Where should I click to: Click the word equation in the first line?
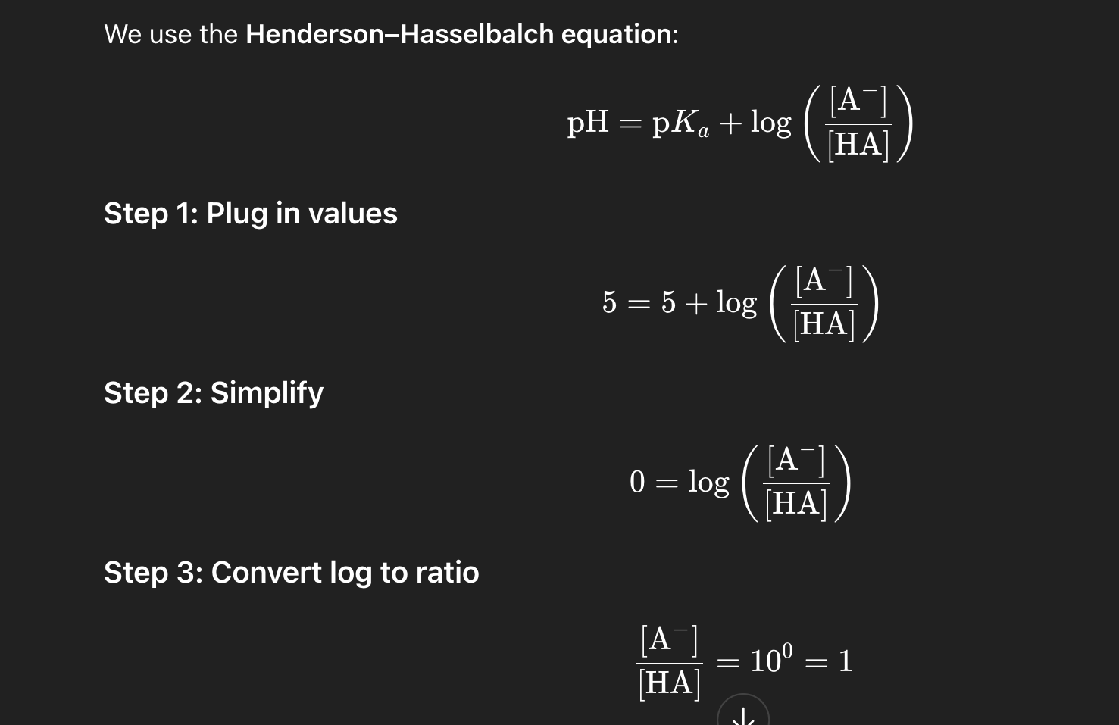[x=616, y=34]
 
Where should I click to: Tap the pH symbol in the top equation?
[x=588, y=122]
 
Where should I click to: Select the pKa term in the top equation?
[x=680, y=123]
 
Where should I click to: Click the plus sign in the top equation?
[x=730, y=123]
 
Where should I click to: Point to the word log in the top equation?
[x=770, y=122]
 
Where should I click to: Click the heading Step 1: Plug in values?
[x=250, y=214]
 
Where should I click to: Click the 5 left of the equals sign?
[x=609, y=302]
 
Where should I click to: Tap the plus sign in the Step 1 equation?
[x=695, y=303]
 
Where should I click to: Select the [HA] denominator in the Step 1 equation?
[x=824, y=324]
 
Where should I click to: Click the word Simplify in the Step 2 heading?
[x=267, y=392]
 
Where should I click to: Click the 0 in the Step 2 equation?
[x=637, y=482]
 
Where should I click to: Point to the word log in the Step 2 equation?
[x=708, y=482]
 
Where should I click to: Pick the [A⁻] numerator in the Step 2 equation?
[x=795, y=460]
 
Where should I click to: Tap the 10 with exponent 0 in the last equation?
[x=770, y=660]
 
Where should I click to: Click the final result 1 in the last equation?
[x=846, y=661]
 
